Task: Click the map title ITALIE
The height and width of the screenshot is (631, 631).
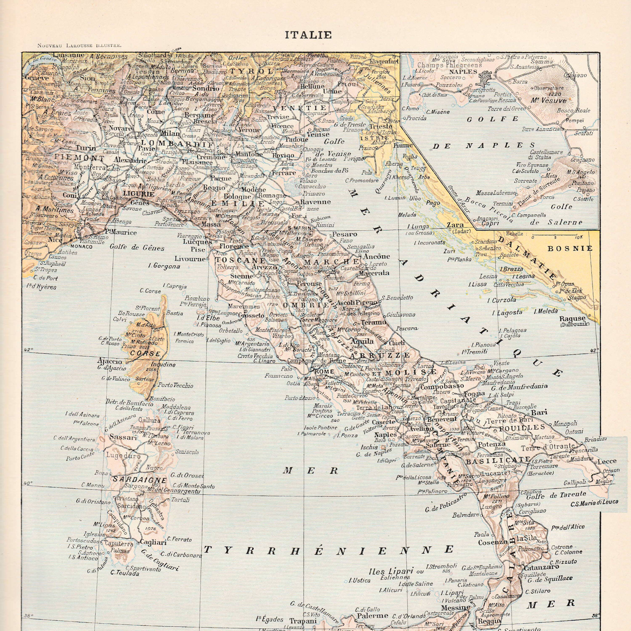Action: (x=308, y=35)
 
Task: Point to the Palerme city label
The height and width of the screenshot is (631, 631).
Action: (x=373, y=616)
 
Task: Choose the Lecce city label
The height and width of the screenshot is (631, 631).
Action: (x=607, y=461)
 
